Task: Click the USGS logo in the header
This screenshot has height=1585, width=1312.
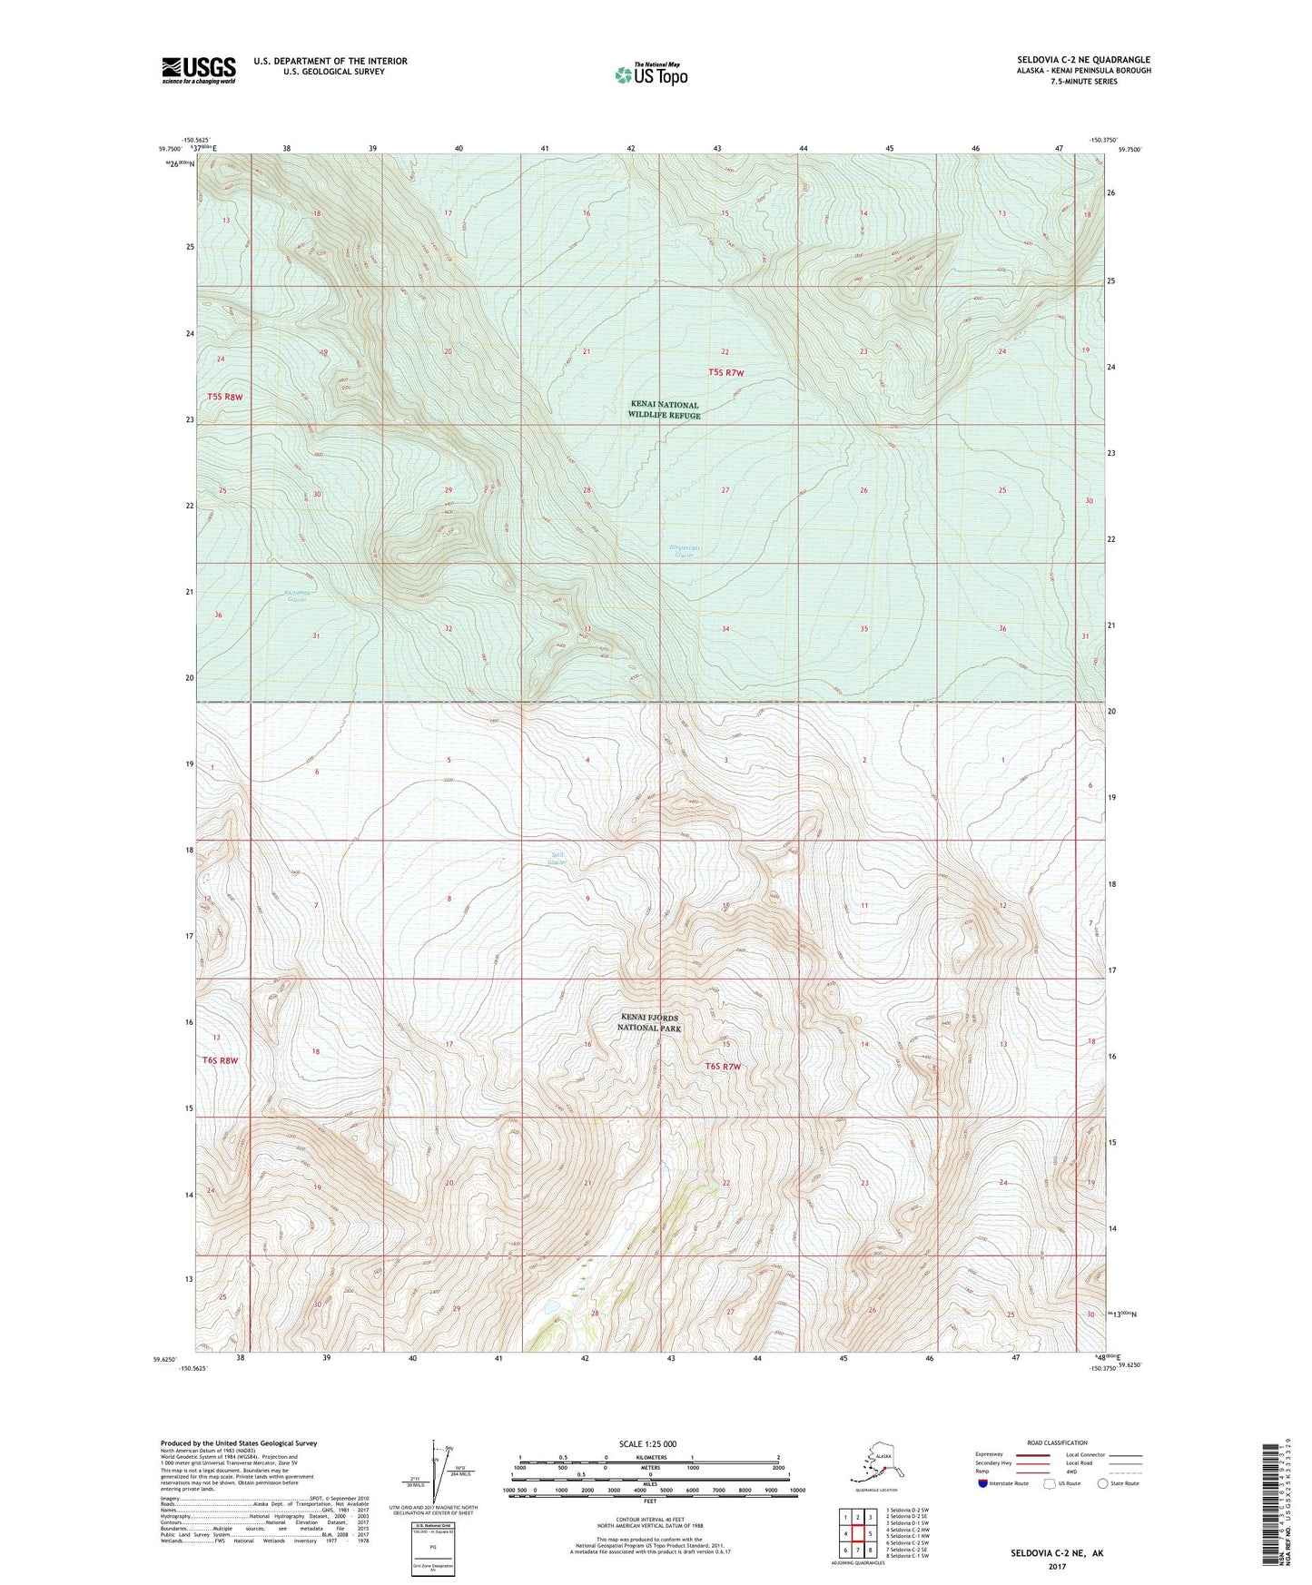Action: point(198,70)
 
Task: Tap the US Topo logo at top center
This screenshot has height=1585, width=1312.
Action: point(650,74)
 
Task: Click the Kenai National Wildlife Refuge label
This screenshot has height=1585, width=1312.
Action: point(664,410)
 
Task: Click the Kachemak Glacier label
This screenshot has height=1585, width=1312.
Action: point(298,596)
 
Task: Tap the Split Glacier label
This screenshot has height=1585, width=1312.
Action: point(557,858)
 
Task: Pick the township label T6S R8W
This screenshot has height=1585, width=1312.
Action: point(224,1060)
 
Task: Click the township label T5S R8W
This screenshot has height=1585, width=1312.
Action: point(224,397)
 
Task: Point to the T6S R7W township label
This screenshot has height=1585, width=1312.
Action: point(723,1067)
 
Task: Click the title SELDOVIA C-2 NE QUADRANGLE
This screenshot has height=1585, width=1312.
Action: point(1083,60)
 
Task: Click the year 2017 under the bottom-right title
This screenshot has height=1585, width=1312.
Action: point(1056,1567)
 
